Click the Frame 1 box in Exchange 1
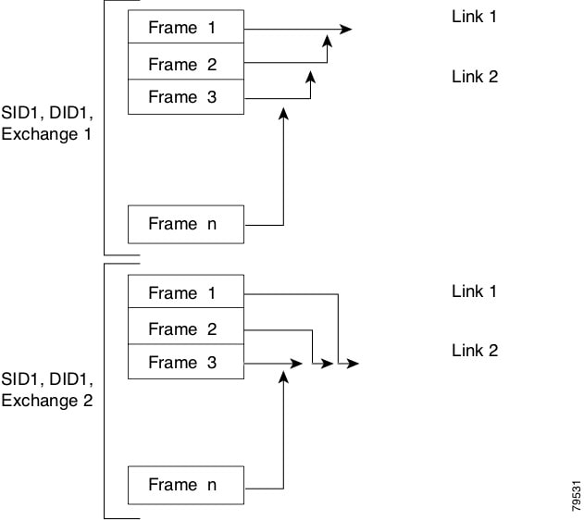[x=185, y=28]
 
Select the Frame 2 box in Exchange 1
[x=185, y=64]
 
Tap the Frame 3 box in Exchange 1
[x=185, y=97]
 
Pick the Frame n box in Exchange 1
[x=185, y=224]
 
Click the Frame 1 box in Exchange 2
[x=185, y=293]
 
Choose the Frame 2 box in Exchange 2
[x=185, y=328]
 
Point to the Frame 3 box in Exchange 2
[x=185, y=363]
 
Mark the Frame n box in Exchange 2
[x=185, y=485]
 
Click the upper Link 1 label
[x=474, y=17]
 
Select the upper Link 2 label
[x=474, y=77]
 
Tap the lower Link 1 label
[x=474, y=291]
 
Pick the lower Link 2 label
[x=474, y=351]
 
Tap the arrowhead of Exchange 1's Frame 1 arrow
[x=346, y=30]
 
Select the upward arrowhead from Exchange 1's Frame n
[x=283, y=111]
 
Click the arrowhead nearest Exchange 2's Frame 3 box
[x=297, y=364]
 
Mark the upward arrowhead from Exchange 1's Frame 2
[x=326, y=38]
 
